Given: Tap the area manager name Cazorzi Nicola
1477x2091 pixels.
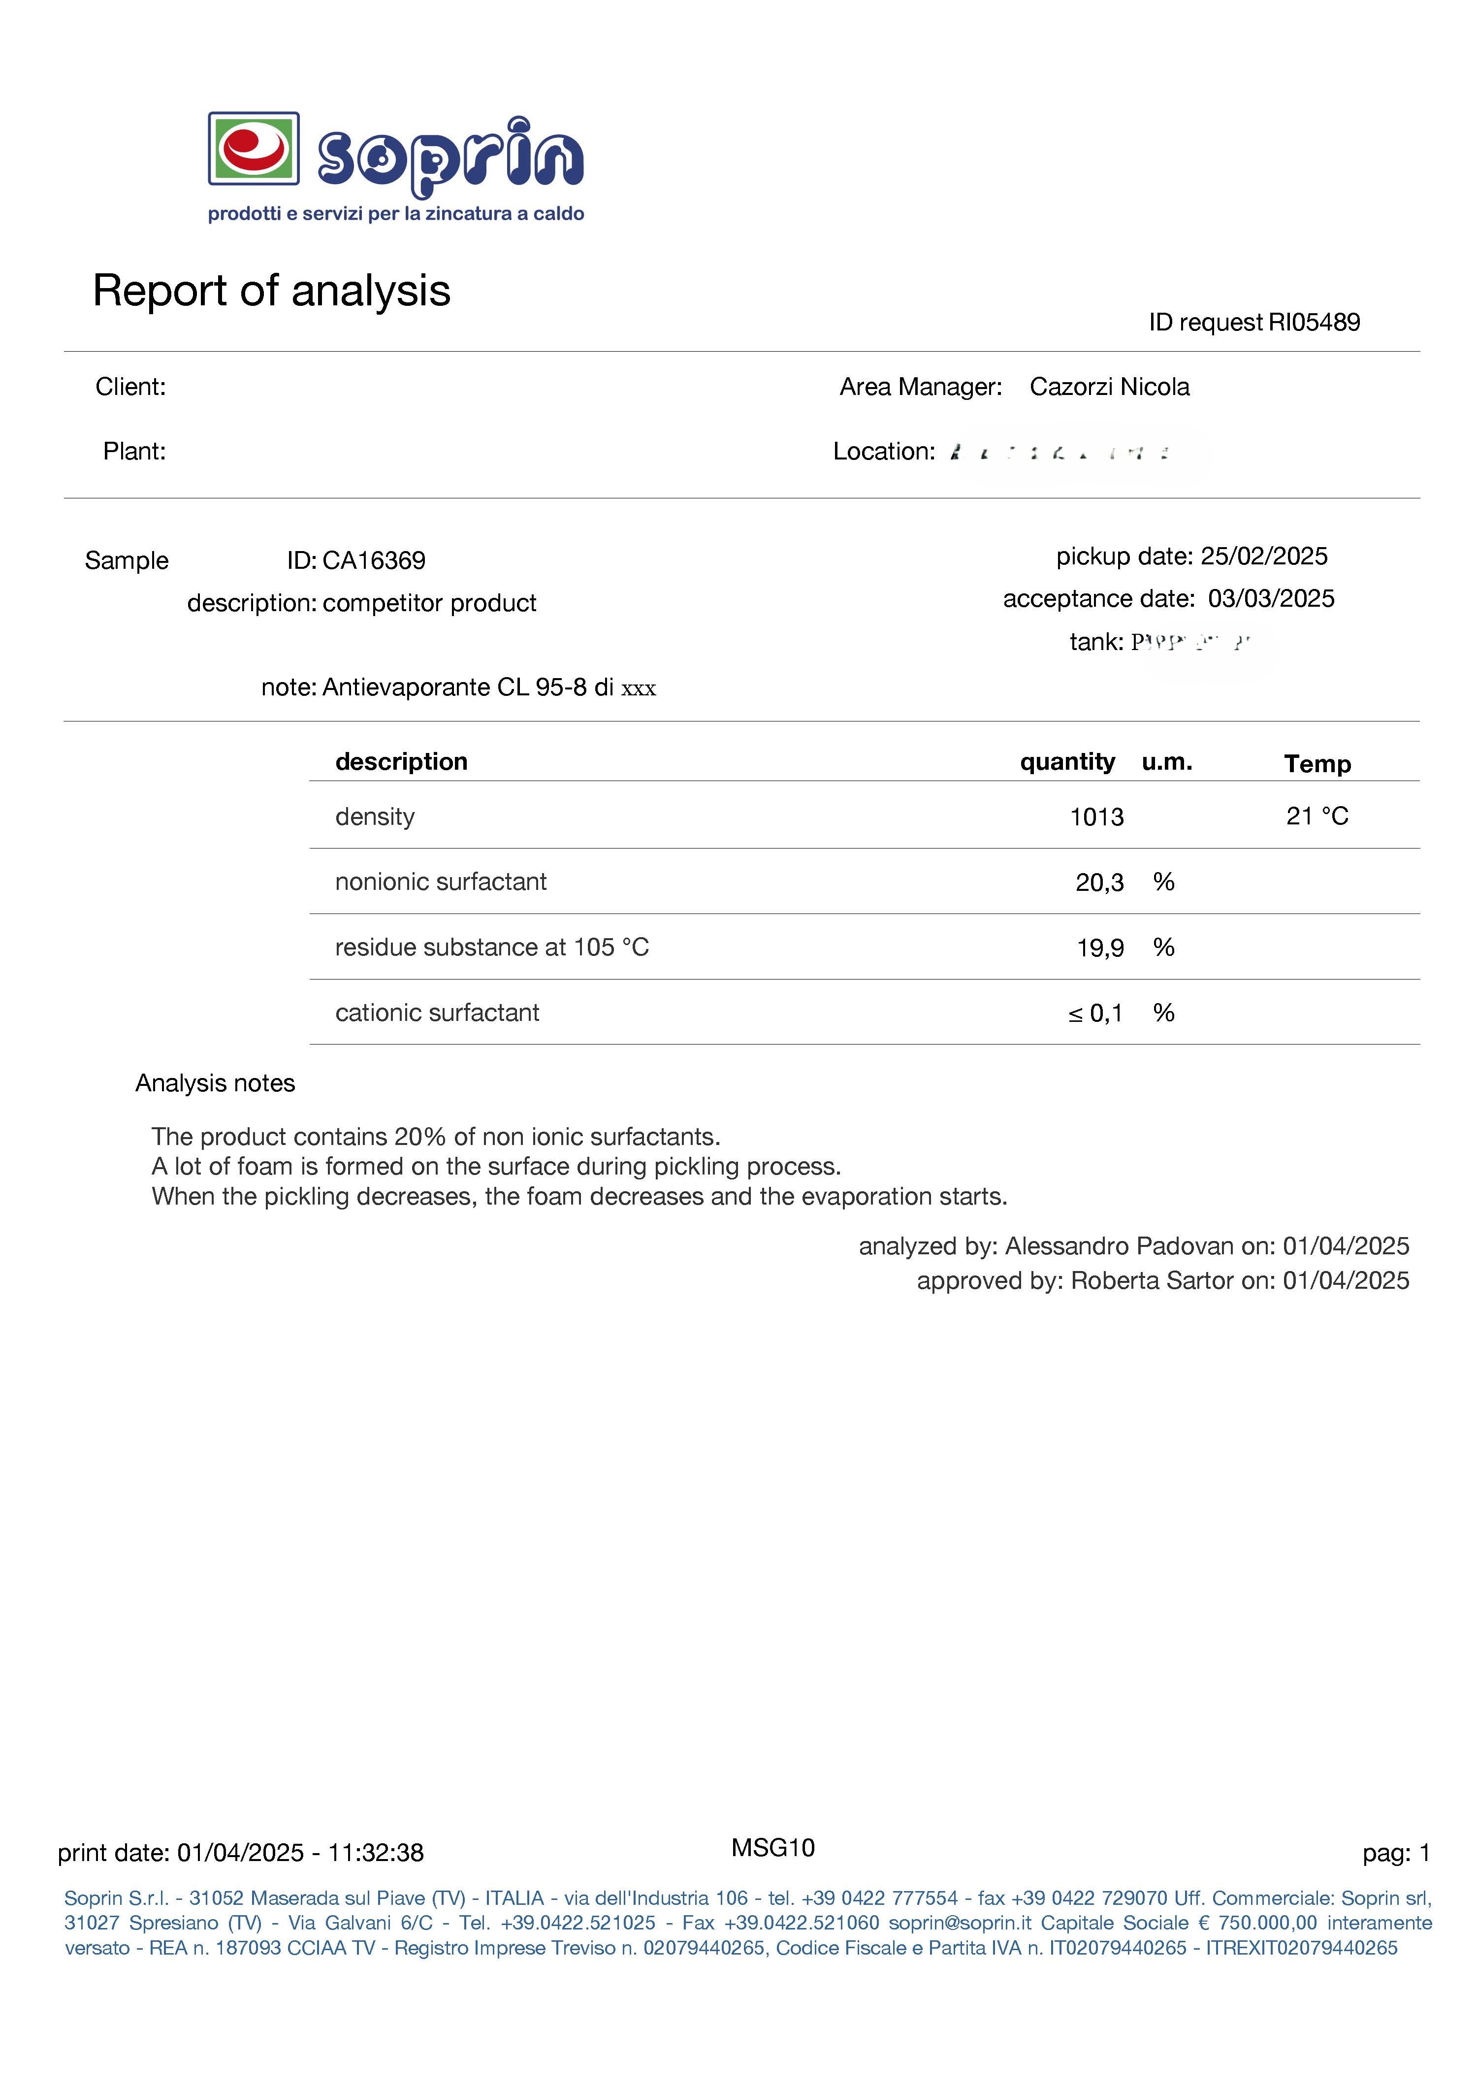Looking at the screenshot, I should pos(1109,387).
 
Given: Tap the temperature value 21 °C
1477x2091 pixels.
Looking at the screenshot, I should pos(1316,816).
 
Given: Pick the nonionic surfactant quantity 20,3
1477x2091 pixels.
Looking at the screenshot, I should pos(1099,882).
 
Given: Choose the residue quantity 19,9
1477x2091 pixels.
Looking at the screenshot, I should pos(1100,948).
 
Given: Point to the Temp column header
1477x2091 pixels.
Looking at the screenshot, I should pos(1316,764).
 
